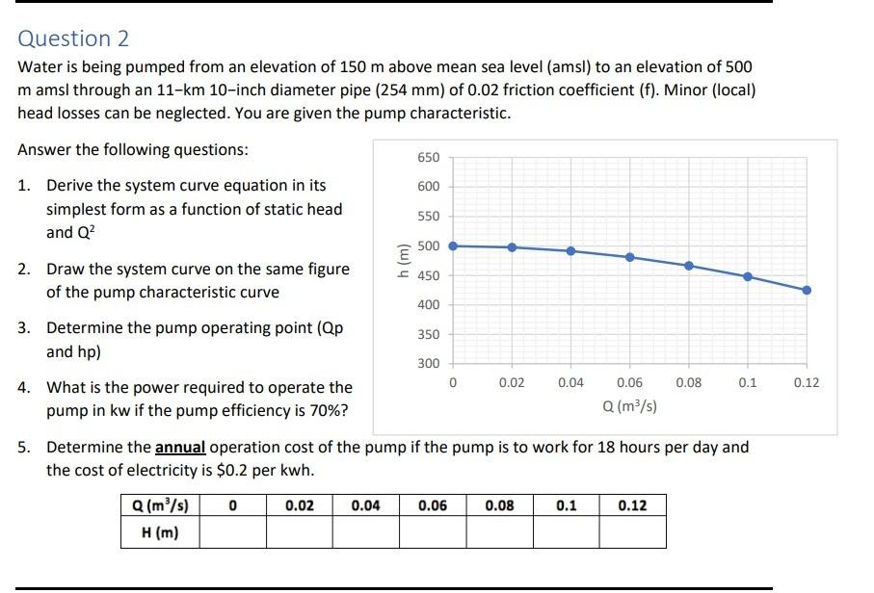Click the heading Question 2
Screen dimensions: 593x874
(x=73, y=39)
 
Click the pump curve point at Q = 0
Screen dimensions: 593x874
(x=454, y=245)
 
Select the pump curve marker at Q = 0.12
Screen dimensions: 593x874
(x=807, y=290)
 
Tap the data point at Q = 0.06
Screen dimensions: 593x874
(x=630, y=257)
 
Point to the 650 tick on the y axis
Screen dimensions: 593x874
(x=429, y=157)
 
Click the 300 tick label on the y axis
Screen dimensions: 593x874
(x=429, y=364)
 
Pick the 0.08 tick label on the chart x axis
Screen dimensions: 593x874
(x=688, y=383)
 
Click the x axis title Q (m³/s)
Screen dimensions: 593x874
(x=630, y=406)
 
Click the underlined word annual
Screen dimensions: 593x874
(x=180, y=448)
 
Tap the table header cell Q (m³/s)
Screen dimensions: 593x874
(x=160, y=505)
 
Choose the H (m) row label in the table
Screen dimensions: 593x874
(x=160, y=532)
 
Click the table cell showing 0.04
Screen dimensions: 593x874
(x=365, y=505)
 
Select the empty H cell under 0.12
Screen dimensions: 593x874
(x=632, y=532)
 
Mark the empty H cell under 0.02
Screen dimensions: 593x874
(x=299, y=532)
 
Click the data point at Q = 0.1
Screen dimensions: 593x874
(x=748, y=276)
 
